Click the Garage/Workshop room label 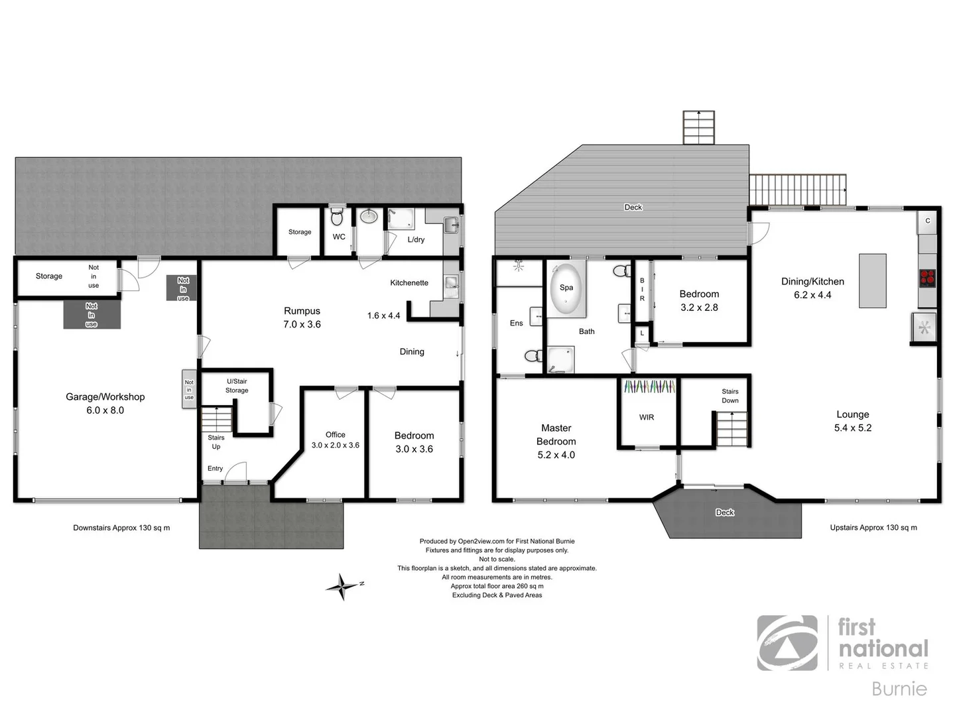coord(105,397)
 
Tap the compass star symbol coord(342,587)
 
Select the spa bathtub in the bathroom coord(566,288)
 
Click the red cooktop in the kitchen coord(927,277)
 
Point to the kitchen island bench coord(872,280)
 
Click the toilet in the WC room coord(337,217)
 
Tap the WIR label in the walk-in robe coord(647,418)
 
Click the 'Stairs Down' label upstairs coord(730,396)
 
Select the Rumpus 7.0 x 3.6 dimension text coord(302,325)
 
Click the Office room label coord(336,435)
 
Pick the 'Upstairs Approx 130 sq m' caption coord(873,528)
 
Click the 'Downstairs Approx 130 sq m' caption coord(121,528)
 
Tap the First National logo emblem coord(787,642)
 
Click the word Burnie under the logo coord(899,689)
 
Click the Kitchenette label coord(409,283)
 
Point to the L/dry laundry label coord(416,240)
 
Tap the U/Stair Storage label coord(237,386)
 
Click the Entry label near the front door coord(215,469)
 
